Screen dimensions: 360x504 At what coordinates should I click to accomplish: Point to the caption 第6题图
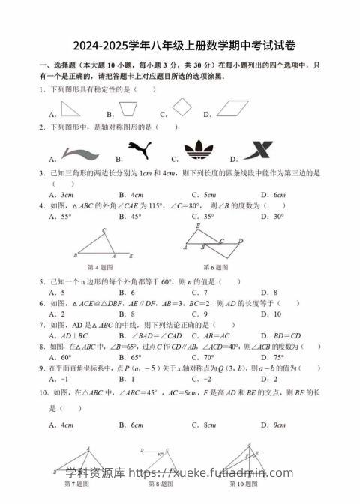(216, 266)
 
